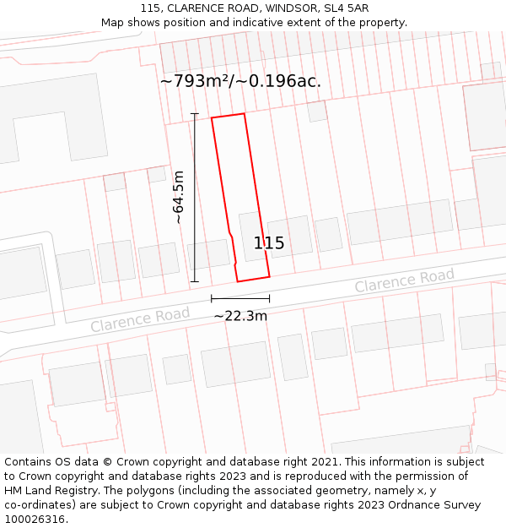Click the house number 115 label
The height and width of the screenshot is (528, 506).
click(269, 243)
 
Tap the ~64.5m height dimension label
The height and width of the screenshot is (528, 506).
click(179, 197)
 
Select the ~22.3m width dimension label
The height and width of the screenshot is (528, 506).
click(240, 316)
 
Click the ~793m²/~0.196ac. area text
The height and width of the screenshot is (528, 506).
click(240, 82)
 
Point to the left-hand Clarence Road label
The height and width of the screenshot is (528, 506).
click(140, 319)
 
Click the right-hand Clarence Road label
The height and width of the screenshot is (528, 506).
click(404, 280)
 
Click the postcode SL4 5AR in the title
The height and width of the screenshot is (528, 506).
click(346, 8)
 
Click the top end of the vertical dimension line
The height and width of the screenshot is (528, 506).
click(195, 113)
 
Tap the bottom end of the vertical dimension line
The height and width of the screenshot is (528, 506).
click(195, 281)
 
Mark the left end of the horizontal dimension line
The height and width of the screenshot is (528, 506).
click(212, 298)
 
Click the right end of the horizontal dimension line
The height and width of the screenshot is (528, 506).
click(270, 298)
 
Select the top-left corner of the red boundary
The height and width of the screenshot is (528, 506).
click(212, 118)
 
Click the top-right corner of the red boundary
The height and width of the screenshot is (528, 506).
click(244, 113)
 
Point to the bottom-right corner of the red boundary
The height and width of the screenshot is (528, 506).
click(269, 275)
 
